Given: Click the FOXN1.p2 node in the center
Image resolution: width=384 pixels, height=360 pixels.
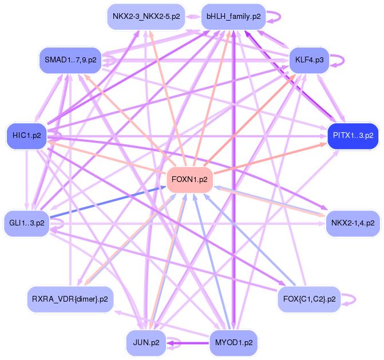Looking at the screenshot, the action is tap(189, 180).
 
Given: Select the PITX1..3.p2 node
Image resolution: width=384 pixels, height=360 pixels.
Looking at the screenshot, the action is tap(353, 136).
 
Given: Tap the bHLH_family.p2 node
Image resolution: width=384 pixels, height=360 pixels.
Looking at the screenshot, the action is tap(233, 16).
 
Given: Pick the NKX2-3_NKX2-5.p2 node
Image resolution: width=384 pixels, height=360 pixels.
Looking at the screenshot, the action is tap(146, 16).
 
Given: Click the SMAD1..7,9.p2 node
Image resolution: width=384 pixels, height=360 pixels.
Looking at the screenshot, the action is tap(70, 60).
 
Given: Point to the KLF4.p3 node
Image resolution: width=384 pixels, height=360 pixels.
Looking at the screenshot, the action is tap(308, 60).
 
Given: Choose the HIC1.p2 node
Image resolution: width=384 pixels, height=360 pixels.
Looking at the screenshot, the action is tap(26, 136).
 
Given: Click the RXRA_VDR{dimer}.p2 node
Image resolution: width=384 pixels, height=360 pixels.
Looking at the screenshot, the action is tap(70, 298).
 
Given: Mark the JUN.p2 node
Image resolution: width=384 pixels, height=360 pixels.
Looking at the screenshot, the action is tap(146, 343).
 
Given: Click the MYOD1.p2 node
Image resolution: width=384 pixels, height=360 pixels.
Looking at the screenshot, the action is tap(233, 343).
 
